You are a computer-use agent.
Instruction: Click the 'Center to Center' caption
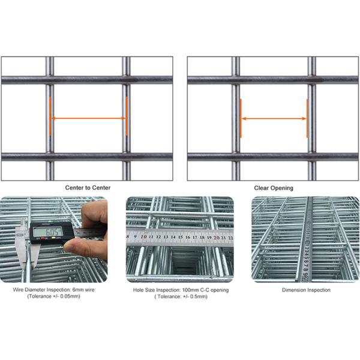pos(88,188)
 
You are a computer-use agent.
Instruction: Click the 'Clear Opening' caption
pos(274,188)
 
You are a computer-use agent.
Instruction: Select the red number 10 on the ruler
pos(143,237)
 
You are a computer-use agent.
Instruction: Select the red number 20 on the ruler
pos(215,237)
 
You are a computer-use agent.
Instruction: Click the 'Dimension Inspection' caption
pos(306,290)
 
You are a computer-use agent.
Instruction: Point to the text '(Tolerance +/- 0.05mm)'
pos(54,296)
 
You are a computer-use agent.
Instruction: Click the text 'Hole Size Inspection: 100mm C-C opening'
pos(180,290)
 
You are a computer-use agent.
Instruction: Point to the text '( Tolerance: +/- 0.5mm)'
pos(180,296)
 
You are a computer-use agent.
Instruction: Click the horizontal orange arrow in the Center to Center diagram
pos(88,118)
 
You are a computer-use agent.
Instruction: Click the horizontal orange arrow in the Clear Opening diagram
pos(274,118)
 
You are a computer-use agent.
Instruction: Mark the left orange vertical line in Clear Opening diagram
pos(241,118)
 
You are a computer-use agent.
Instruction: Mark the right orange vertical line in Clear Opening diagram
pos(307,118)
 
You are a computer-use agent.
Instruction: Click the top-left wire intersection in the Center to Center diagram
pos(50,79)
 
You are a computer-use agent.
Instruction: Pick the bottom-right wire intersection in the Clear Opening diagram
pos(311,157)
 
